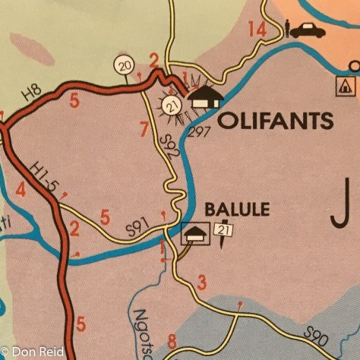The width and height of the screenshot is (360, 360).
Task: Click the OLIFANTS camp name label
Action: click(x=276, y=121)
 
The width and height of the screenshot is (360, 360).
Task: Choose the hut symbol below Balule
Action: click(x=195, y=234)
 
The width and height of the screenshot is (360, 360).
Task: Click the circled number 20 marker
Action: click(x=125, y=67)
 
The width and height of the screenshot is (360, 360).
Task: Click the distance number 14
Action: click(x=257, y=30)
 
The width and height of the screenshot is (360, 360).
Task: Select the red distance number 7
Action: click(x=144, y=129)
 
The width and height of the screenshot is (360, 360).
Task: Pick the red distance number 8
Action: click(x=172, y=342)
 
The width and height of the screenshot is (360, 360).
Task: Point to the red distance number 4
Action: click(x=21, y=190)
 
